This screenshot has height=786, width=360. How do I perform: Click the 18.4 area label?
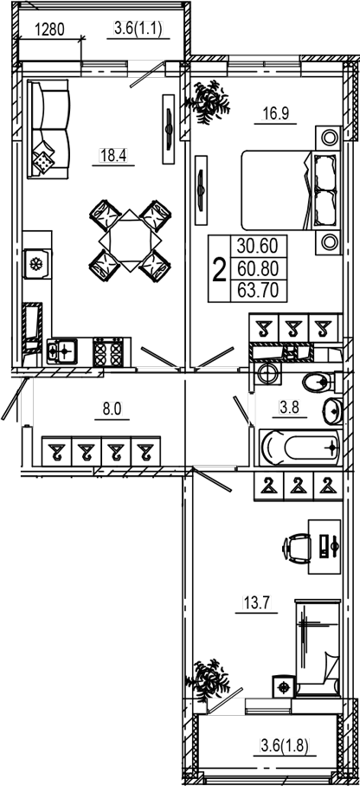coord(113,156)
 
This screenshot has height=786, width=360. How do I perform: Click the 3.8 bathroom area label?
coord(289,408)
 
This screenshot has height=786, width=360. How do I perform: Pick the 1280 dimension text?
coord(49,30)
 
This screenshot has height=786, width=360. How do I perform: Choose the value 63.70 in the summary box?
coord(258,290)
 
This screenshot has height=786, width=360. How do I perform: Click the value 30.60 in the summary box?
coord(258,247)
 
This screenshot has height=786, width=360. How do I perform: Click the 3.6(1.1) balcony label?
coord(138,29)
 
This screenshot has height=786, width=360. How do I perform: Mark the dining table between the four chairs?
coord(131,241)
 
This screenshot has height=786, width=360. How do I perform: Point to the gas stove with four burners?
coord(108,352)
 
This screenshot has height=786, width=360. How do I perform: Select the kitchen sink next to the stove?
coord(62,351)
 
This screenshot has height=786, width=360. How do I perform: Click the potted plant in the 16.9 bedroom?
coord(208,102)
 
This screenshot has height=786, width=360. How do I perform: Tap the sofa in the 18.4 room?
coord(48,129)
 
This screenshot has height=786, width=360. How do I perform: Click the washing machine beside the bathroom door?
coord(267,373)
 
